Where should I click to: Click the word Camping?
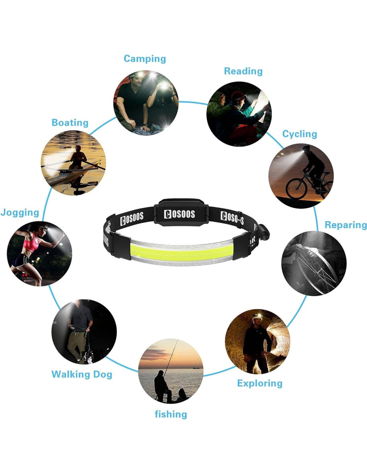click(144, 59)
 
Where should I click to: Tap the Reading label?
click(243, 71)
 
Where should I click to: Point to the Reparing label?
click(345, 225)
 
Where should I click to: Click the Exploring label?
click(260, 383)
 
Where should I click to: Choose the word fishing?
click(170, 414)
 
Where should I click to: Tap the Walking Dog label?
click(82, 374)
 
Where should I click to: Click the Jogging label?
click(20, 212)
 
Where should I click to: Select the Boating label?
click(70, 123)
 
